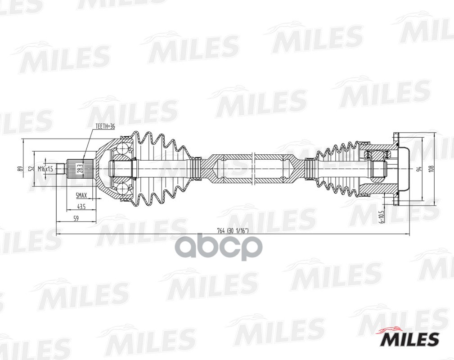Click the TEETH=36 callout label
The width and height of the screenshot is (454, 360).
click(105, 127)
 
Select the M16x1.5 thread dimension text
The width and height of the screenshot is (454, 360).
click(45, 169)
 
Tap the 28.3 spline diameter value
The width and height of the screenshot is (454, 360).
click(80, 169)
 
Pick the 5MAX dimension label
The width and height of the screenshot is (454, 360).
click(81, 196)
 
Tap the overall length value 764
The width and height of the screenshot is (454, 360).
click(220, 230)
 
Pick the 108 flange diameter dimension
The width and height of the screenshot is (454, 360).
click(431, 169)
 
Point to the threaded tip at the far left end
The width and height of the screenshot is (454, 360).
click(63, 169)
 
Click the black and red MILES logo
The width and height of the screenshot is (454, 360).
click(409, 338)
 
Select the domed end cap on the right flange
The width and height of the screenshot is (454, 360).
click(404, 169)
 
